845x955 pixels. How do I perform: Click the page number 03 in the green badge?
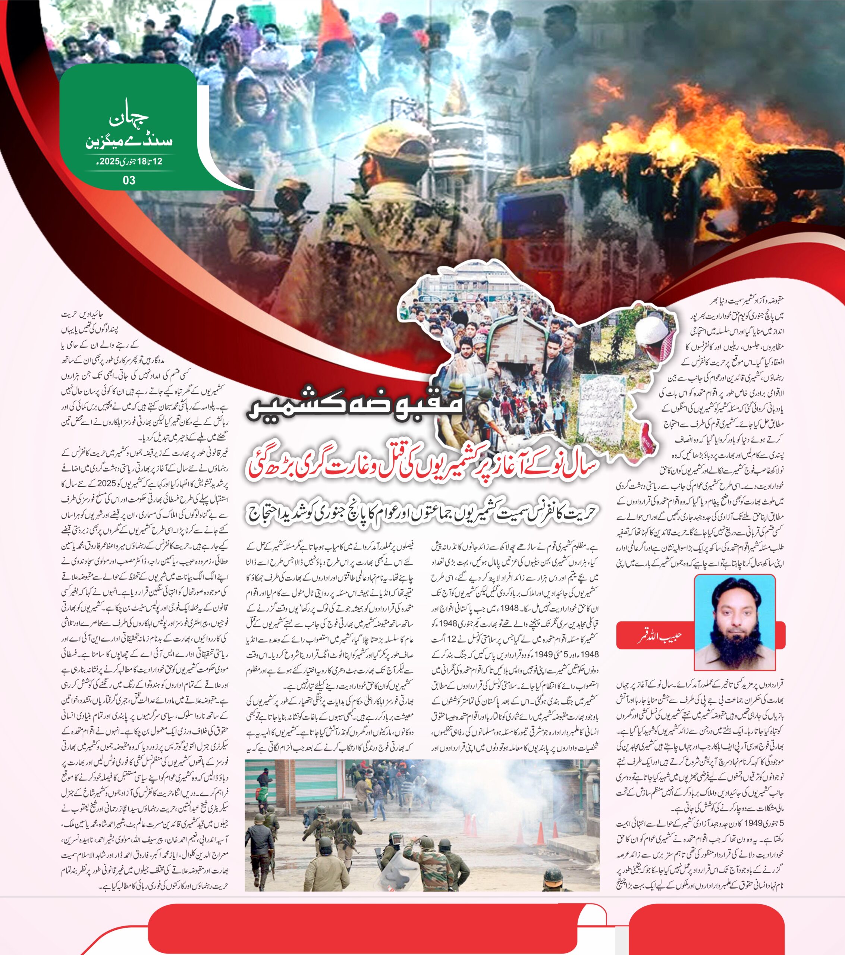click(129, 180)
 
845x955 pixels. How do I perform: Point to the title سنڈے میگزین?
click(129, 141)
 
